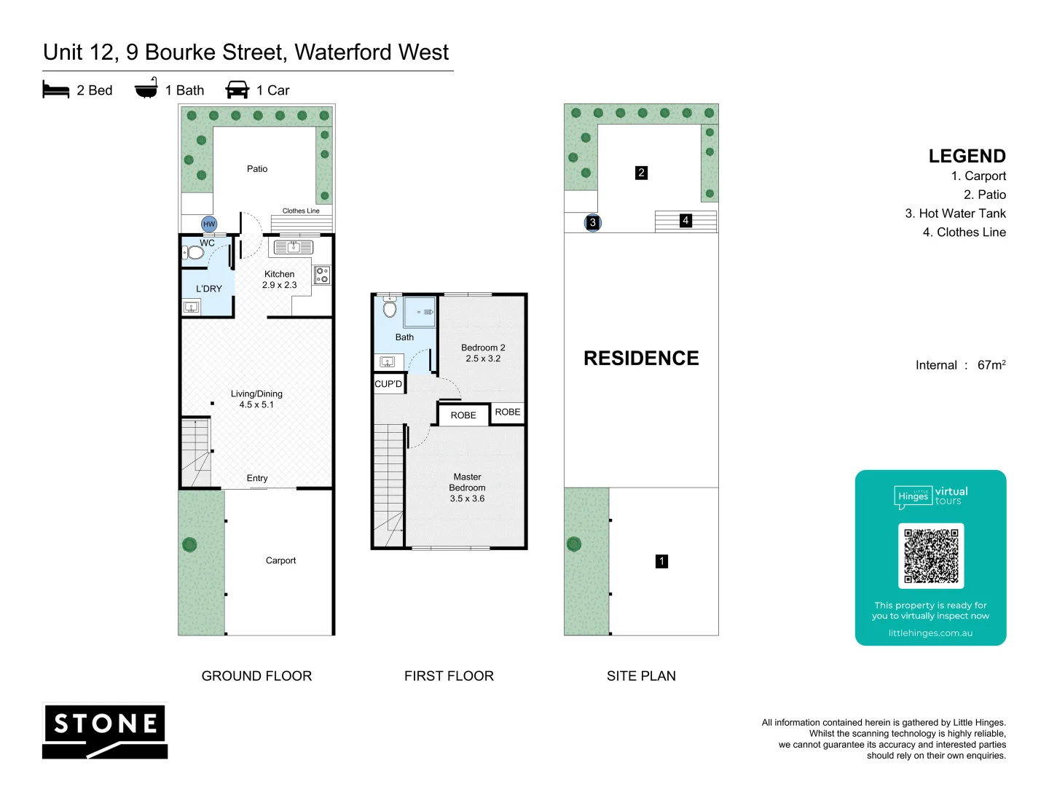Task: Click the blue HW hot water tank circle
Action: [x=209, y=224]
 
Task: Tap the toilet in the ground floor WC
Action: [x=194, y=253]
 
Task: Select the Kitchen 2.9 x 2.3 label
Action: [x=279, y=280]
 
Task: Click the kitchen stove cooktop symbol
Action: [x=322, y=275]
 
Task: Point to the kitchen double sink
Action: [x=293, y=248]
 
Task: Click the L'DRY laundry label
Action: [x=208, y=289]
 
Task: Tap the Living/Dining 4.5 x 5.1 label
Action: [x=256, y=399]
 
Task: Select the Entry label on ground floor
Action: [x=257, y=478]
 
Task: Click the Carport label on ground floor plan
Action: [x=280, y=560]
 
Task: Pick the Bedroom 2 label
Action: [x=483, y=353]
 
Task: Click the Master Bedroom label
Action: [x=467, y=488]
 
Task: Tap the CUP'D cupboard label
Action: [x=388, y=384]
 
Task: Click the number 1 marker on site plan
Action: [x=661, y=561]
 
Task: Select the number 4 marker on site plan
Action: [x=685, y=220]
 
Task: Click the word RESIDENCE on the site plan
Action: [x=641, y=359]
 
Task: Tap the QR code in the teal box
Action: [x=931, y=555]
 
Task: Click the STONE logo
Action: [x=106, y=731]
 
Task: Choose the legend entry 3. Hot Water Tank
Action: [x=955, y=214]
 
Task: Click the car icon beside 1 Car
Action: [x=237, y=90]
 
